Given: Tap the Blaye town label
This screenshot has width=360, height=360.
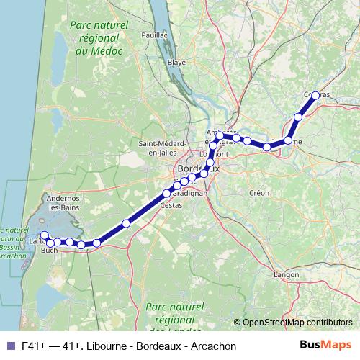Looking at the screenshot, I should [176, 63].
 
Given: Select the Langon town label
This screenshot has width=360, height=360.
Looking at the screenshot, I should [287, 274].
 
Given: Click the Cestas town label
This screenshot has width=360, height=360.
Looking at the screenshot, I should [171, 205].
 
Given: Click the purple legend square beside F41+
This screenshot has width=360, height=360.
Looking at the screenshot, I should [9, 346].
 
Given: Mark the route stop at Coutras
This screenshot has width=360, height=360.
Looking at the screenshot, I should [315, 96].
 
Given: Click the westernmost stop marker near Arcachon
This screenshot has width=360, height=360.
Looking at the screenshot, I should [44, 235].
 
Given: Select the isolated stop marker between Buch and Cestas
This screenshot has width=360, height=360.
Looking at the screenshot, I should [127, 223].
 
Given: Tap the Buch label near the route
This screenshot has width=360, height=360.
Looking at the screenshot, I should [49, 251].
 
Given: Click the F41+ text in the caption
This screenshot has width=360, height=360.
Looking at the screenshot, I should [34, 346].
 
